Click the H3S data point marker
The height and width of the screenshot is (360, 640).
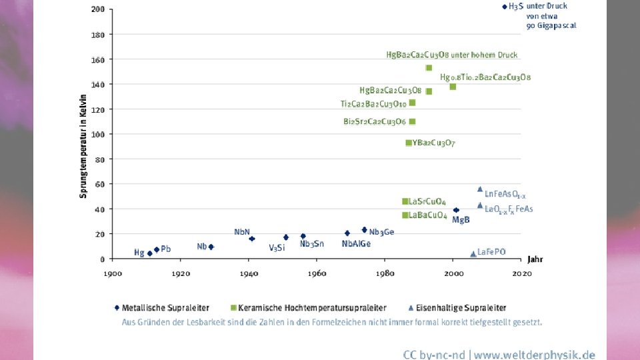pos(505,7)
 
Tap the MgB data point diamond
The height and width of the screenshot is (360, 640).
pos(456,210)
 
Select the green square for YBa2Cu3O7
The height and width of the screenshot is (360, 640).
pos(409,143)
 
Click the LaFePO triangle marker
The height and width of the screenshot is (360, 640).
pos(473,254)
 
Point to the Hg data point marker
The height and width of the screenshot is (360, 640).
pos(149,253)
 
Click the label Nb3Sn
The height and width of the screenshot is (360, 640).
pos(311,244)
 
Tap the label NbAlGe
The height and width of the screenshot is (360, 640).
pos(356,244)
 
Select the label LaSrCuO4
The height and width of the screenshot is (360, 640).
pos(427,202)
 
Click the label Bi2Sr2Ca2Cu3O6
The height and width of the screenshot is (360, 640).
pos(375,122)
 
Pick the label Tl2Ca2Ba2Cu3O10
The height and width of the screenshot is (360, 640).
pos(373,104)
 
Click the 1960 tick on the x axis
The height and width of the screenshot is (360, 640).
pos(317,273)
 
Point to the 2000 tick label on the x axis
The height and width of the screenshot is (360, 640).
pos(453,273)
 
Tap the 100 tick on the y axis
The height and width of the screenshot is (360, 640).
pos(98,135)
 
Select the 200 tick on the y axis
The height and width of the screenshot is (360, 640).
pos(98,10)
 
